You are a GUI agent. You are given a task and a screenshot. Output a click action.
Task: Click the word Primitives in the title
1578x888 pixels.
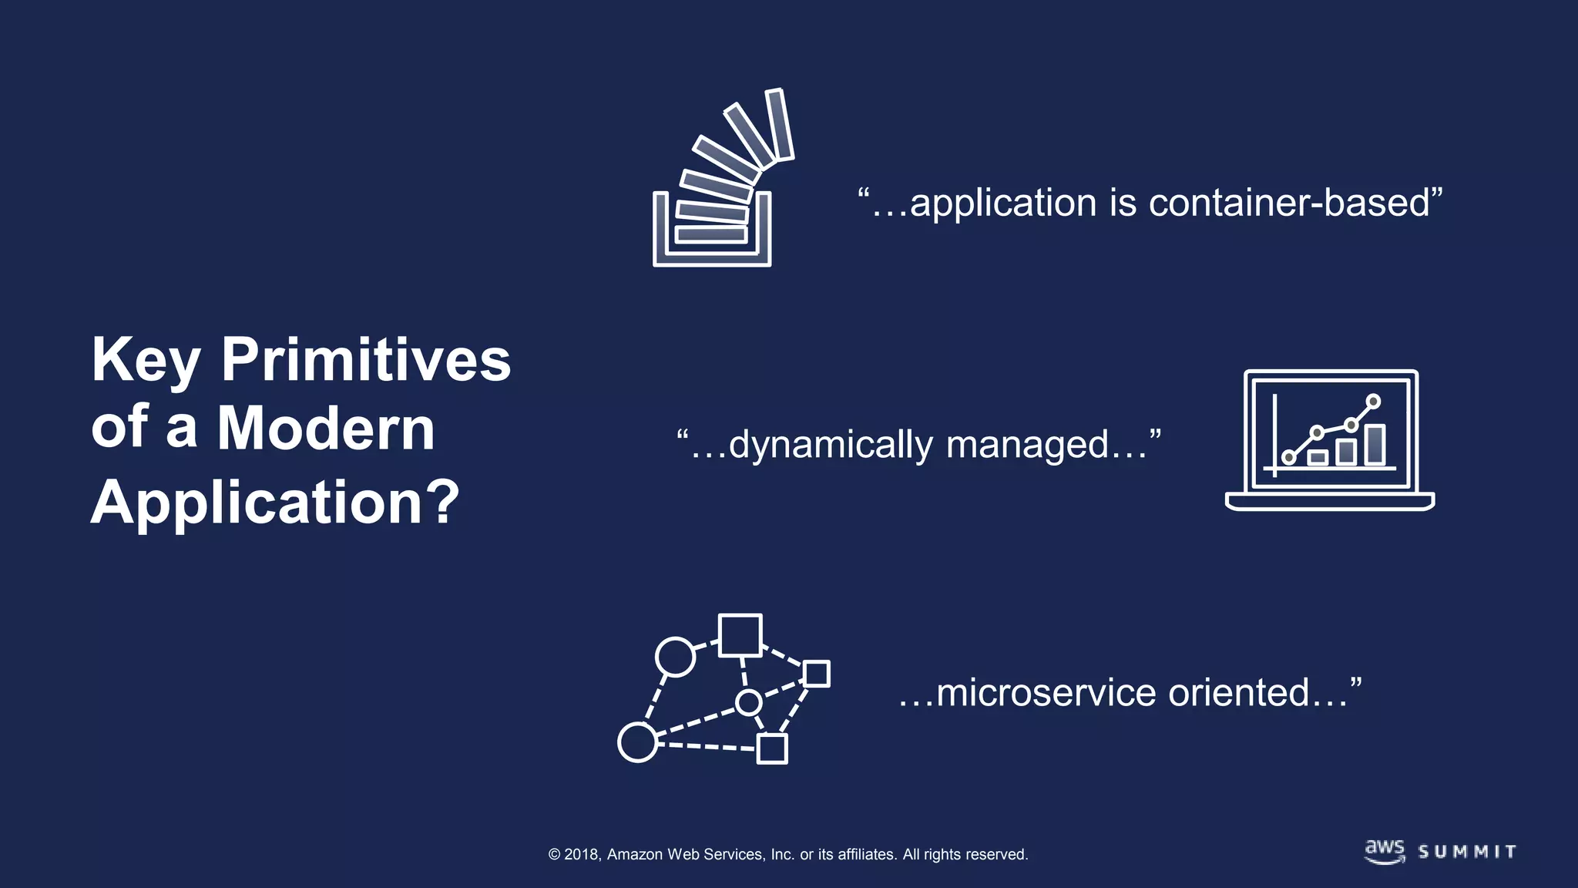click(366, 360)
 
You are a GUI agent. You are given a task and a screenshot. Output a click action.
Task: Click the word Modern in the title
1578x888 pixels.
click(326, 428)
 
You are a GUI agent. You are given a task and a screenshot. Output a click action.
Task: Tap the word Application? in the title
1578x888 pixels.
click(275, 503)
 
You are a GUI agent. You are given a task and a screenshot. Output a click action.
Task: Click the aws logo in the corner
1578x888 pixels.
click(1385, 851)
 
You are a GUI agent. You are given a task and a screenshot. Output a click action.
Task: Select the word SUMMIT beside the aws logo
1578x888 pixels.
click(1467, 852)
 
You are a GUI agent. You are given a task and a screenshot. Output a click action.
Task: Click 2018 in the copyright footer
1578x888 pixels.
click(581, 854)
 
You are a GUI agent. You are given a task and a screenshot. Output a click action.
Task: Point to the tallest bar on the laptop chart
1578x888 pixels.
click(1375, 445)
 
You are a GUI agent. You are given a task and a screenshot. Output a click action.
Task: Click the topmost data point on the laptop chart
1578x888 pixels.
click(1373, 401)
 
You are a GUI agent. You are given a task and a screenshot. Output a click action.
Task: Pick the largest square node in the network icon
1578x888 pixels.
click(740, 635)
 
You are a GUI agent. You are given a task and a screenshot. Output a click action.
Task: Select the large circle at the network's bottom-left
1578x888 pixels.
click(637, 742)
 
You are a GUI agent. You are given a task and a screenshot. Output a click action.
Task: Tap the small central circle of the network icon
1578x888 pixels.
click(748, 702)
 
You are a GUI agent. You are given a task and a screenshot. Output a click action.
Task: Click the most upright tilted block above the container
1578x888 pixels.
click(779, 125)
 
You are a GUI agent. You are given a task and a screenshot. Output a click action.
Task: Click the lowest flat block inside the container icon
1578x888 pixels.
click(711, 234)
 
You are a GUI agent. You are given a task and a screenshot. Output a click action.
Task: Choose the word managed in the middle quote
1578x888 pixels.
click(1027, 446)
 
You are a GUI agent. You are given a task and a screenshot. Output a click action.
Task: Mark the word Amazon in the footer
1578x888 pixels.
click(635, 854)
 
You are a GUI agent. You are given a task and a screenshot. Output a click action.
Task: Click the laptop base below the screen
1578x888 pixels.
click(1329, 501)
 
